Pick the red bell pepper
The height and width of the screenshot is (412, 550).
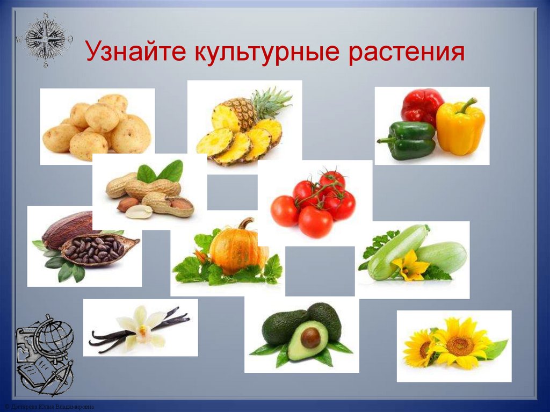(x=422, y=106)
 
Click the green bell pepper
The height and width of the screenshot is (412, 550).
(x=407, y=141)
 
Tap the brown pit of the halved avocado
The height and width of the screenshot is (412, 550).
(x=310, y=337)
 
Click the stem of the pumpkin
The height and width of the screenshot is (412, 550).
(x=247, y=222)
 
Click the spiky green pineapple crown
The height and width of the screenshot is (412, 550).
(x=271, y=102)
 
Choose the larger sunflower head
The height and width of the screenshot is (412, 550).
(x=460, y=344)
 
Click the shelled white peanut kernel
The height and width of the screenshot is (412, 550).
(x=139, y=212)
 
